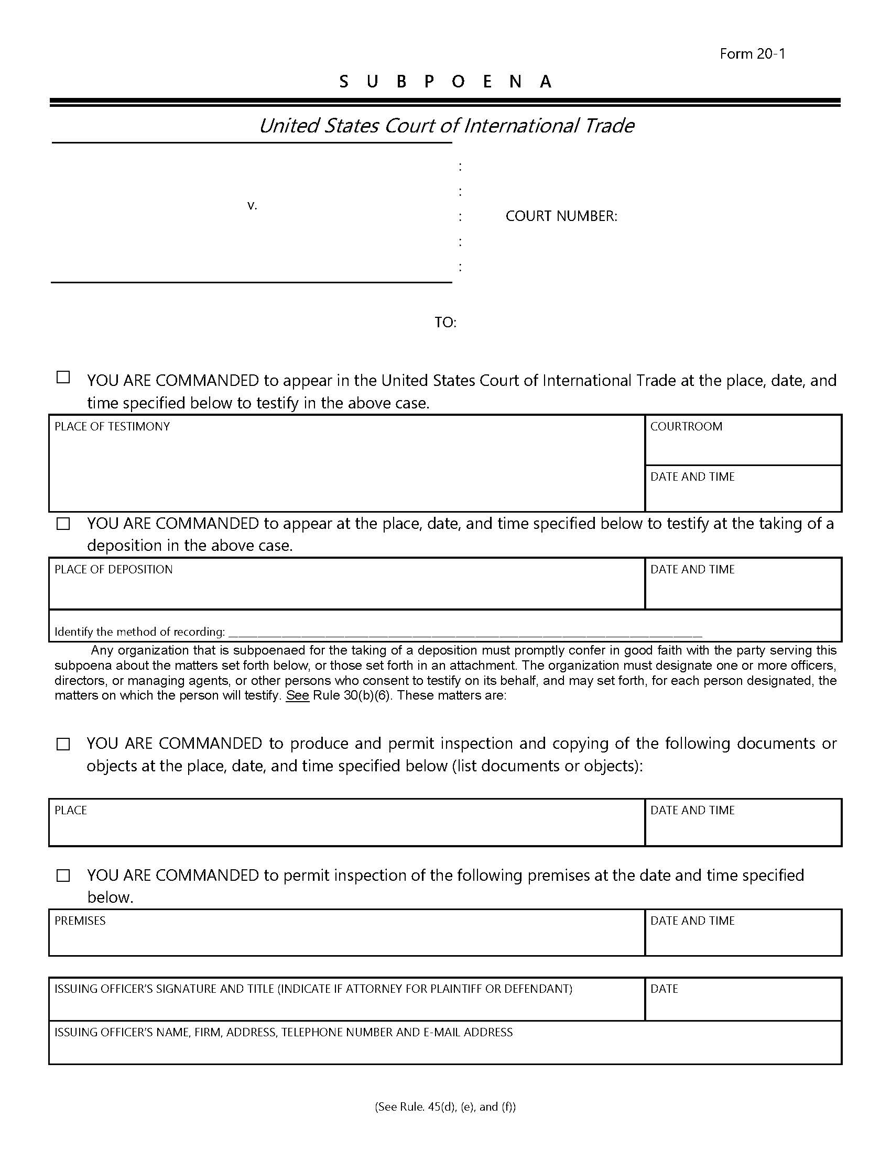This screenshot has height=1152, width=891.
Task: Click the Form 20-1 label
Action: click(x=752, y=54)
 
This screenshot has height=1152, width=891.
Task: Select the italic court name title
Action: click(x=446, y=126)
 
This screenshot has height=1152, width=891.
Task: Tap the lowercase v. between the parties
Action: click(x=252, y=205)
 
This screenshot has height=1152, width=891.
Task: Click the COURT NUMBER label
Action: click(x=561, y=216)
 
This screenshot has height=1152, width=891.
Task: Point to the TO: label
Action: click(x=446, y=323)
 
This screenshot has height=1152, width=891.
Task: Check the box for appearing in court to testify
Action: click(x=63, y=378)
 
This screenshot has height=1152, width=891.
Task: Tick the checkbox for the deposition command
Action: click(x=63, y=524)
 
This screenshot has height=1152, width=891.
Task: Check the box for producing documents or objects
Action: click(x=63, y=744)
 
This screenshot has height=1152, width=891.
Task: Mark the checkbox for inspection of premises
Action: click(x=63, y=876)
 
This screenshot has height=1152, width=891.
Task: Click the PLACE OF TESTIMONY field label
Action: click(x=112, y=426)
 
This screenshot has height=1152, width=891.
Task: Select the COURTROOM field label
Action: click(x=686, y=426)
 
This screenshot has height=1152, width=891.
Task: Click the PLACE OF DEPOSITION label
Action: click(x=114, y=570)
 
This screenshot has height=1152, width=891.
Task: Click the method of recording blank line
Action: click(x=464, y=633)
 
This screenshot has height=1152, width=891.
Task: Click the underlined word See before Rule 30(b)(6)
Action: click(x=297, y=696)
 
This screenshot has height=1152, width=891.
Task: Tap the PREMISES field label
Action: click(x=80, y=921)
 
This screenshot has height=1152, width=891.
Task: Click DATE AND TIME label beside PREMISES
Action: click(x=692, y=921)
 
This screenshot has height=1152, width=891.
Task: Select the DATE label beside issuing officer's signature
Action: click(x=664, y=989)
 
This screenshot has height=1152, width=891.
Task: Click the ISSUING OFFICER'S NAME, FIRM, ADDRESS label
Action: click(x=284, y=1032)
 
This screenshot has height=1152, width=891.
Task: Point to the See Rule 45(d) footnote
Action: click(x=445, y=1106)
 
